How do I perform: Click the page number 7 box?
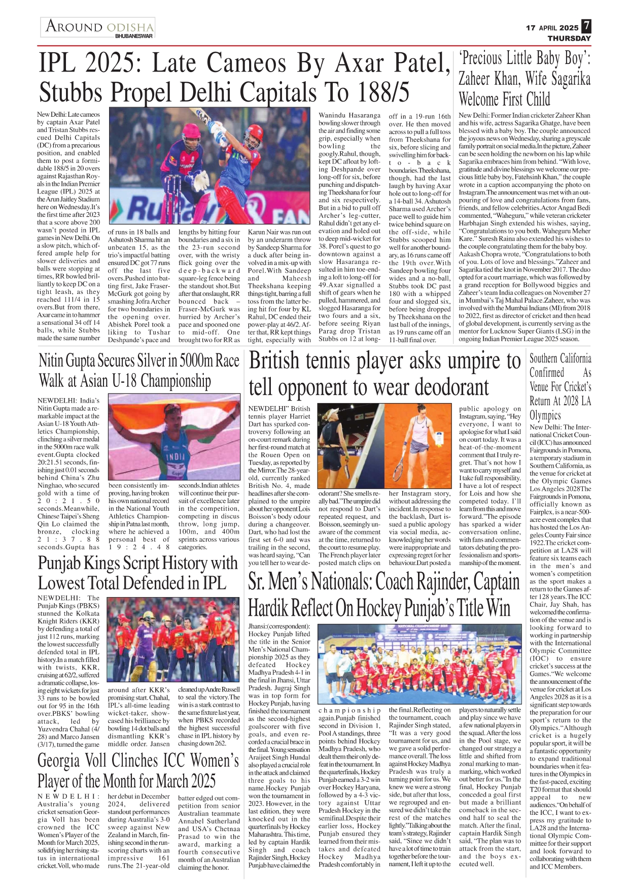click(586, 26)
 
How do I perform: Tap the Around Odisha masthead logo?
click(99, 26)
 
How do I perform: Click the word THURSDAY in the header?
click(569, 38)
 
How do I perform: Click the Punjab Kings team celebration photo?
click(173, 639)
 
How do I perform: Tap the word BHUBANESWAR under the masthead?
click(134, 36)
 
